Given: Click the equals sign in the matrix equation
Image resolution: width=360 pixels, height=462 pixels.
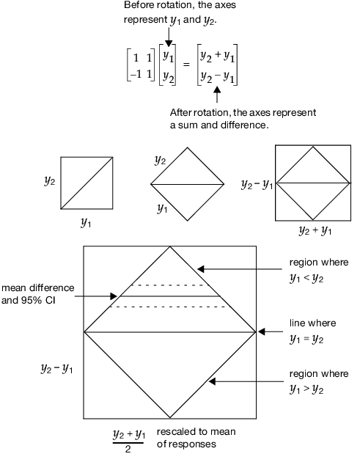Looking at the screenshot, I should pos(186,64).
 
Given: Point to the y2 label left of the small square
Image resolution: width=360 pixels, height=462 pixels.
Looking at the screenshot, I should pos(49,181).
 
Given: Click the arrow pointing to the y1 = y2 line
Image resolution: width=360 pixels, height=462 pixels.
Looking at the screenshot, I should pos(272,332).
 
